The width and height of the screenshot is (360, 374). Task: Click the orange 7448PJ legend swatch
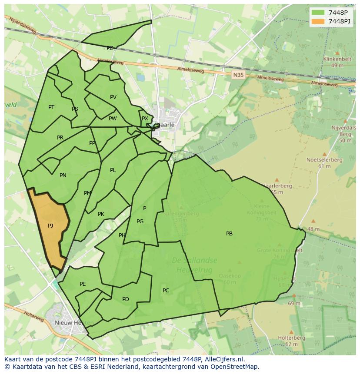click(318, 21)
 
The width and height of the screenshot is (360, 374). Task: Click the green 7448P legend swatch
click(318, 13)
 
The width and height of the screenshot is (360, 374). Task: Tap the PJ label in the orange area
click(50, 225)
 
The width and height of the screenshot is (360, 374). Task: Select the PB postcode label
click(229, 234)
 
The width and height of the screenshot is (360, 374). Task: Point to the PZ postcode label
click(110, 48)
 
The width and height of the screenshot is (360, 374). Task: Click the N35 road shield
click(237, 75)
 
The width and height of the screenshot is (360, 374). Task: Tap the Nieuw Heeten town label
click(68, 323)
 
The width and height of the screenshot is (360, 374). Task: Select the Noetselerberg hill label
click(324, 160)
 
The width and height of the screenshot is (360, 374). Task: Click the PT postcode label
click(51, 107)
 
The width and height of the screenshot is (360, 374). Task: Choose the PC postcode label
click(166, 290)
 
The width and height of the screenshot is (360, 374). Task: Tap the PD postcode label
click(126, 299)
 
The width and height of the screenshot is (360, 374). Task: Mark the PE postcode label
click(83, 284)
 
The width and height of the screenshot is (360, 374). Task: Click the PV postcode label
click(113, 97)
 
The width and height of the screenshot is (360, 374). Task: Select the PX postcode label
click(145, 118)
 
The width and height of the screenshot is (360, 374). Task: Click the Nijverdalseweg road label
click(20, 26)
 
